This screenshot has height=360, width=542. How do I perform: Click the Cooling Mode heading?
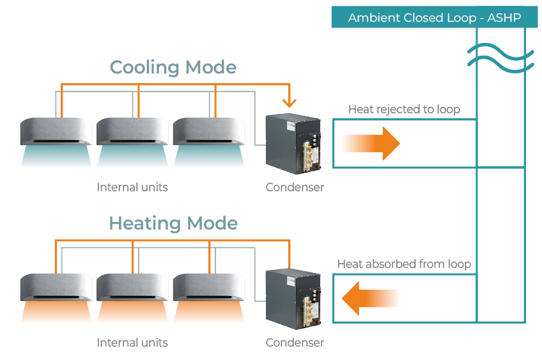pyautogui.click(x=173, y=67)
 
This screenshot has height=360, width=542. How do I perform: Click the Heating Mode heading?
pyautogui.click(x=173, y=223)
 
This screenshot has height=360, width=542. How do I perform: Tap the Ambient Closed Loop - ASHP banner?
pyautogui.click(x=434, y=17)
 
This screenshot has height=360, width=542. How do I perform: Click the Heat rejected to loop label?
pyautogui.click(x=404, y=109)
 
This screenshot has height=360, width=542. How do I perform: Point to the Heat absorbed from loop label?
pyautogui.click(x=404, y=264)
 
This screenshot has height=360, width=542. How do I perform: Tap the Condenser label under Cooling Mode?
pyautogui.click(x=295, y=187)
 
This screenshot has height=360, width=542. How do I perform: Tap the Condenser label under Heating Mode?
pyautogui.click(x=295, y=343)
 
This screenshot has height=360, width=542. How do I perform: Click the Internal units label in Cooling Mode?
pyautogui.click(x=132, y=187)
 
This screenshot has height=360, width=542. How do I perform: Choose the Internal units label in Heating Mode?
pyautogui.click(x=132, y=343)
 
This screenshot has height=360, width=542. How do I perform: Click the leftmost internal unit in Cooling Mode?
pyautogui.click(x=56, y=132)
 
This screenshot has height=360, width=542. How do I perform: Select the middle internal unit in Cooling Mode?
pyautogui.click(x=133, y=132)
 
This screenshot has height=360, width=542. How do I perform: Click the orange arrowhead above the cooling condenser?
pyautogui.click(x=290, y=102)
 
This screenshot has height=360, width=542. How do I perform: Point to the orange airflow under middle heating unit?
pyautogui.click(x=133, y=312)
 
